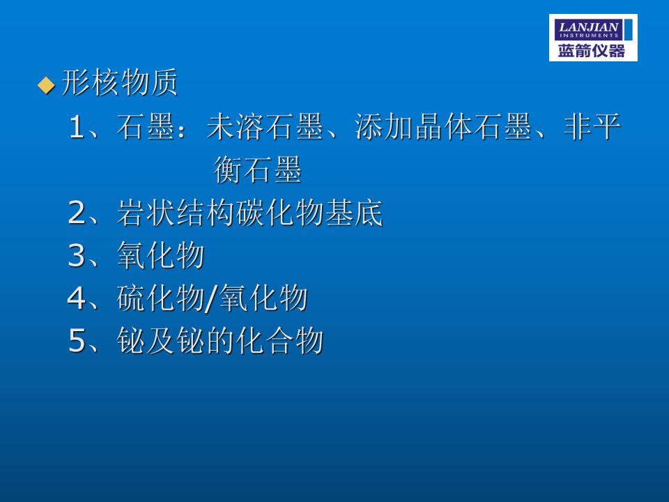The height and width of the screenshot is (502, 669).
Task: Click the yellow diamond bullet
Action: point(46,85)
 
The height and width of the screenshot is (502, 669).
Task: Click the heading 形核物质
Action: point(119,82)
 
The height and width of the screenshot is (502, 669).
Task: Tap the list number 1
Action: point(77,127)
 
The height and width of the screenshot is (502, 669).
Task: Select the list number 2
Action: point(77,213)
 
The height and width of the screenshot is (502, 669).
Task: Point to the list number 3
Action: point(77,255)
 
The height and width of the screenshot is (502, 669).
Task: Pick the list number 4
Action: point(77,298)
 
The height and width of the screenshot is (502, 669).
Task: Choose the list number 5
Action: point(77,340)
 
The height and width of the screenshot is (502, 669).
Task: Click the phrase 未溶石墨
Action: point(265,127)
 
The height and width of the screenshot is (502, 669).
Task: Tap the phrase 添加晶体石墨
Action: point(443,127)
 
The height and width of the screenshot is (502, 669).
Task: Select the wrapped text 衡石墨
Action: point(258,169)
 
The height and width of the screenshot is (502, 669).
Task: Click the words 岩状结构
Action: point(176,212)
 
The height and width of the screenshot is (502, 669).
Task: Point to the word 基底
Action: point(353,212)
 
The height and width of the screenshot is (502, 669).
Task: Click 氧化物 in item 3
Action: point(160,255)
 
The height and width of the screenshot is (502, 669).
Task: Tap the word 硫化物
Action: point(160,298)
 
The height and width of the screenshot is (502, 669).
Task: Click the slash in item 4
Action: point(212,298)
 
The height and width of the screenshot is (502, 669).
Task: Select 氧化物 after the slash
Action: point(263,298)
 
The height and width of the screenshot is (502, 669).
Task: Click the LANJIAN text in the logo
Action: point(589,27)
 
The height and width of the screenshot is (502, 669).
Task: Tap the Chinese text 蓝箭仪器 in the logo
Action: point(592,51)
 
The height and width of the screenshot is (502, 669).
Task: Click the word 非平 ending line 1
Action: point(592,127)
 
